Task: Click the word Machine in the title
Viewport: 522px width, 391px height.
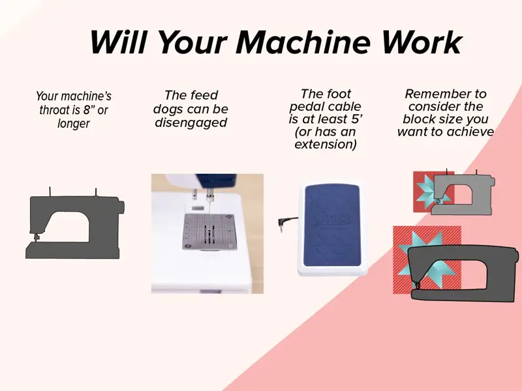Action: [303, 42]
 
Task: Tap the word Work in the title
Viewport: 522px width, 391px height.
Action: [422, 42]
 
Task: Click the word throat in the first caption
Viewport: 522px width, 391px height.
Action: [52, 109]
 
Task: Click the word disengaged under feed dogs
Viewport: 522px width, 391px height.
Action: [191, 123]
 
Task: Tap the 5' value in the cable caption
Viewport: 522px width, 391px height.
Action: [356, 119]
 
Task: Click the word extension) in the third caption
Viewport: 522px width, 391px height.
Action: [325, 144]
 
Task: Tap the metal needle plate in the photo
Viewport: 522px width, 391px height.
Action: [209, 231]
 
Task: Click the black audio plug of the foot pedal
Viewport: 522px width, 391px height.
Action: [283, 223]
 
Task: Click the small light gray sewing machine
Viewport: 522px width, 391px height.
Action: [463, 194]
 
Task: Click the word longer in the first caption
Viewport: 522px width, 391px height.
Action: [73, 124]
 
